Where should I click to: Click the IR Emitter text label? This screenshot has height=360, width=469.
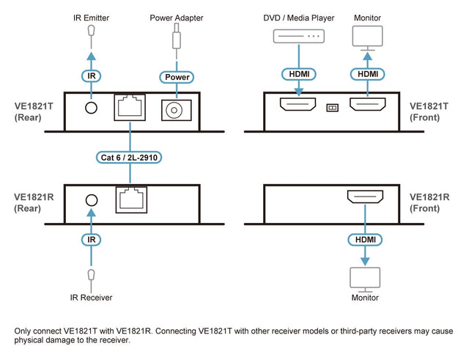click(x=91, y=17)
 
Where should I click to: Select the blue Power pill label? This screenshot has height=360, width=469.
click(x=176, y=76)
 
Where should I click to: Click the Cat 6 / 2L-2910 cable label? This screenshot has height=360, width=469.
click(x=130, y=156)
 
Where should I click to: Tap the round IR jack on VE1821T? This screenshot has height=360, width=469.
click(x=92, y=108)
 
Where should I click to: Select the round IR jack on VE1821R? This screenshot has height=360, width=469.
click(x=92, y=199)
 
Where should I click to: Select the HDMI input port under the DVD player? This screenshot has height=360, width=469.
click(x=298, y=107)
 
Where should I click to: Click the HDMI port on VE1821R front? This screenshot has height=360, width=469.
click(x=365, y=197)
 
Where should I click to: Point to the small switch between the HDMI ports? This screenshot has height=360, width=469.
click(x=332, y=107)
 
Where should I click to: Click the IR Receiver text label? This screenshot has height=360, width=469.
click(x=91, y=298)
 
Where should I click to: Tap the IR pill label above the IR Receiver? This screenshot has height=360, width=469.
click(x=91, y=239)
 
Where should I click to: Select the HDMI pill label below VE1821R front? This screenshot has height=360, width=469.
click(x=365, y=239)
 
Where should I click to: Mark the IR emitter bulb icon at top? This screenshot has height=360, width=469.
click(x=91, y=31)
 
